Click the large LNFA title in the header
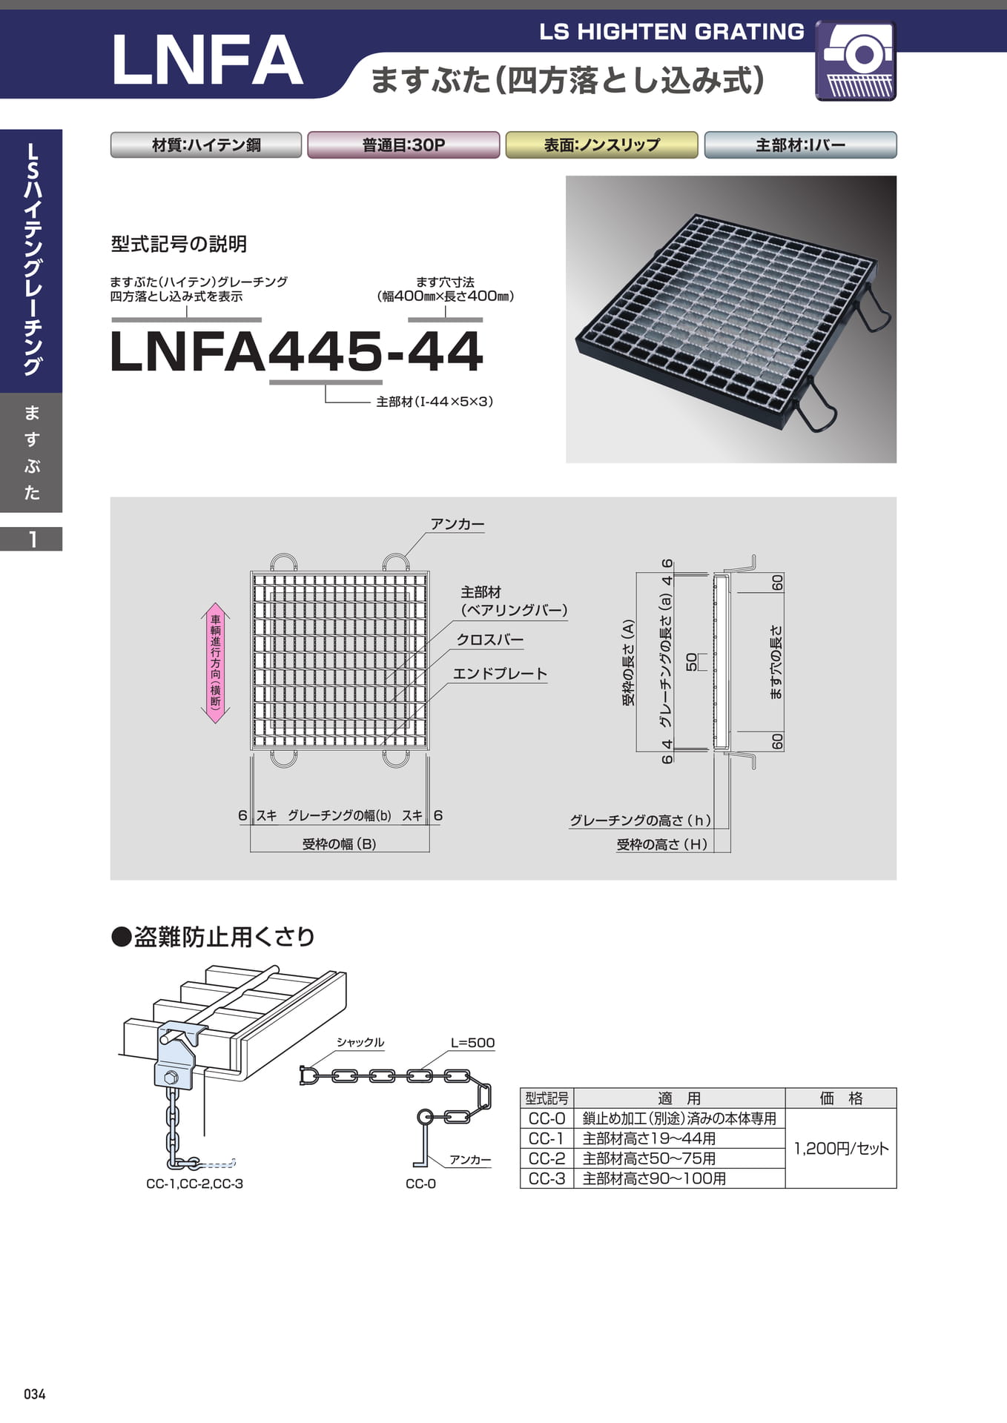pos(207,60)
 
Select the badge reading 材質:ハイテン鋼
pos(206,145)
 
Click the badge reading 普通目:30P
pos(403,145)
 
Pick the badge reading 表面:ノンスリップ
pos(601,145)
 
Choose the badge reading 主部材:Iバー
pos(800,145)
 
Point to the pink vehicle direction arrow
pos(216,663)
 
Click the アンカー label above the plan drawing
pos(458,524)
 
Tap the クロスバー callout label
pos(489,640)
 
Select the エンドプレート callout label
pos(500,674)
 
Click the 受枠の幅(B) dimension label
pos(339,843)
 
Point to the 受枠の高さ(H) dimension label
pos(661,844)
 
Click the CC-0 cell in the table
pos(547,1118)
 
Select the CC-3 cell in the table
pos(547,1178)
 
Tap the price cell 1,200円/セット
pos(841,1148)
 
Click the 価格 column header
pos(841,1098)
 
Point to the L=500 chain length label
pos(472,1043)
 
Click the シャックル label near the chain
pos(360,1042)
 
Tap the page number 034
pos(35,1394)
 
